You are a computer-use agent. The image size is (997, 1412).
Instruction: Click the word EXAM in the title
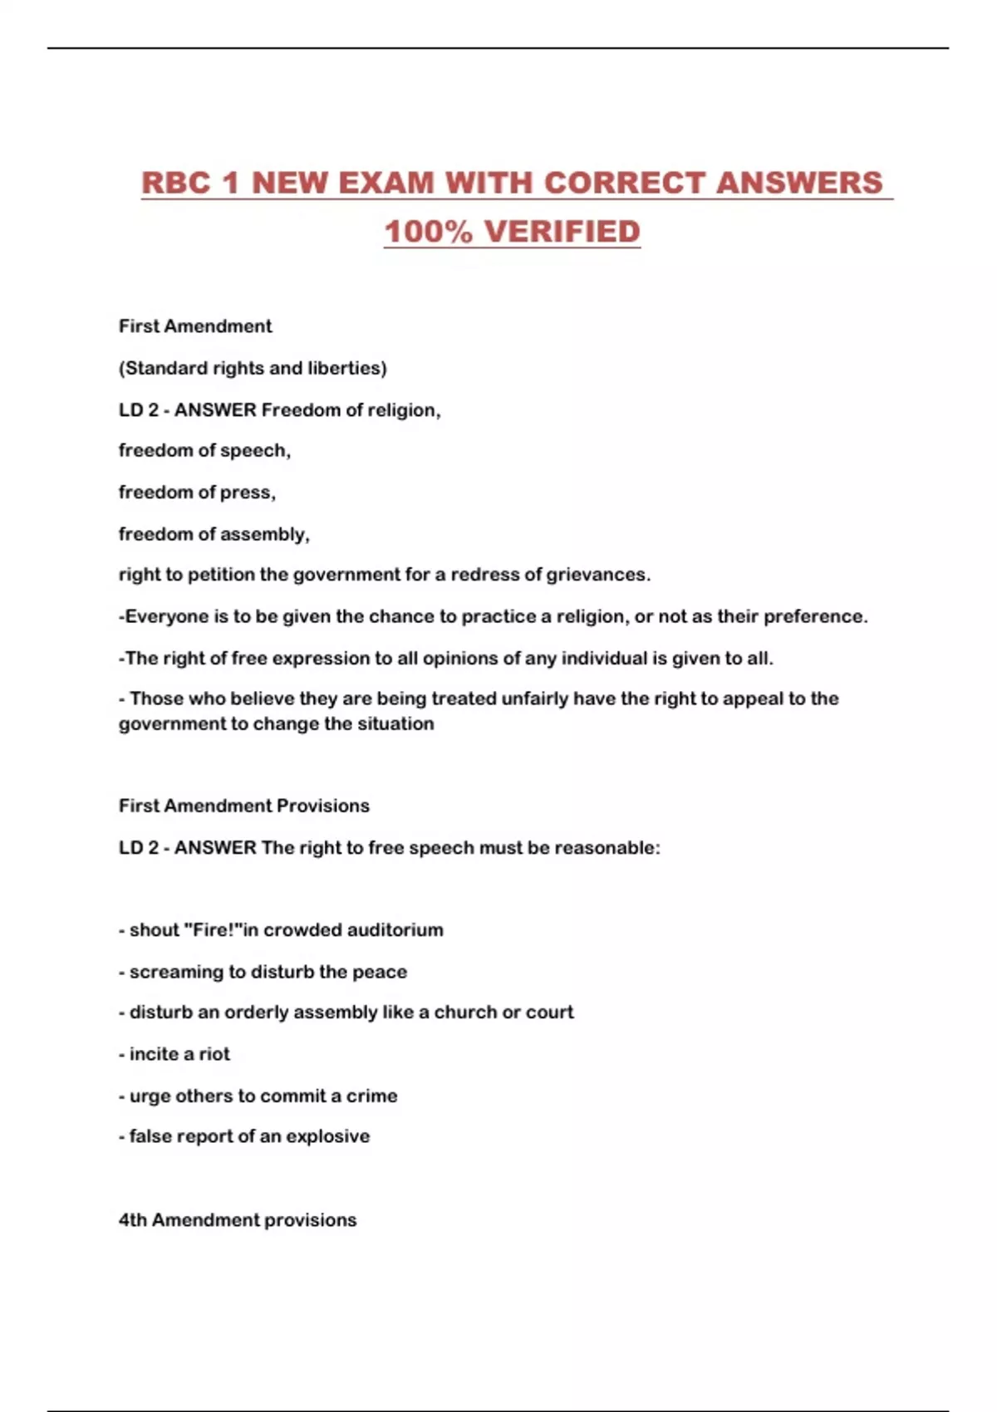click(x=386, y=183)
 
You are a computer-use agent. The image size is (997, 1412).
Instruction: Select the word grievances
click(x=598, y=575)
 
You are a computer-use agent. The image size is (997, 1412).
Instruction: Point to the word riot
click(x=214, y=1054)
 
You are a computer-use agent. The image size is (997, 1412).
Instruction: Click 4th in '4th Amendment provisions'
click(x=133, y=1220)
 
